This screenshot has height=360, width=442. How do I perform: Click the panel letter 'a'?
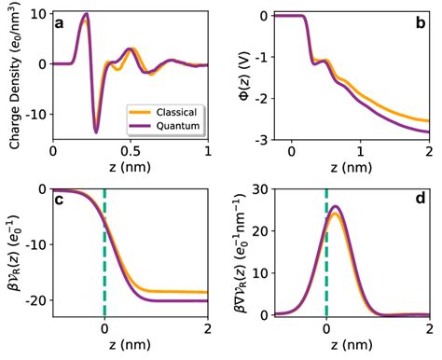tap(60, 24)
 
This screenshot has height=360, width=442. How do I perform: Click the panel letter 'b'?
tap(419, 24)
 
